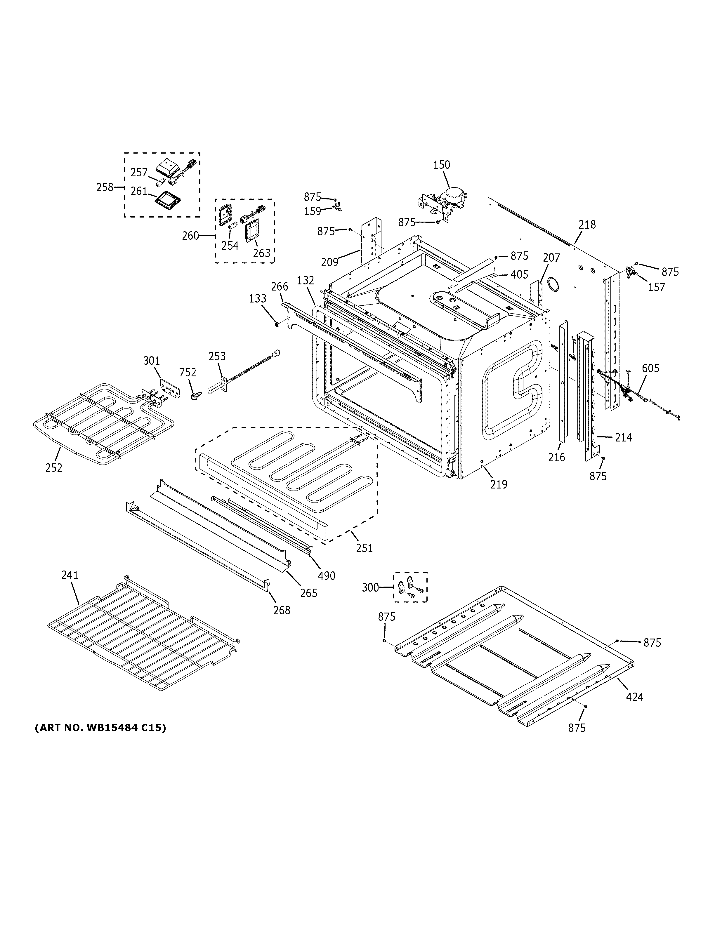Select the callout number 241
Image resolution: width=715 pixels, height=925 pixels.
[70, 575]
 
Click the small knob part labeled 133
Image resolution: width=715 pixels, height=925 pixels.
[277, 324]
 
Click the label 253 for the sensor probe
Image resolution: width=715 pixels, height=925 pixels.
[217, 356]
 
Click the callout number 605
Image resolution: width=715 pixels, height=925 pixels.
[650, 368]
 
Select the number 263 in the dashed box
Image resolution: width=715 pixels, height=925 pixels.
[261, 253]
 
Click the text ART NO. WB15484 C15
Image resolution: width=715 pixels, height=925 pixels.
[100, 728]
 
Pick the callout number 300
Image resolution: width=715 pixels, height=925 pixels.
[370, 587]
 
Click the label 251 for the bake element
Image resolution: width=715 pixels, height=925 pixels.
[364, 548]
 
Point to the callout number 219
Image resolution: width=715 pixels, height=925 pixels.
[499, 484]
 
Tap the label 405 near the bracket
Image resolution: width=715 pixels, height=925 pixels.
[519, 274]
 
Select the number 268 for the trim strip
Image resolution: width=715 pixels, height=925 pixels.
[282, 610]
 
